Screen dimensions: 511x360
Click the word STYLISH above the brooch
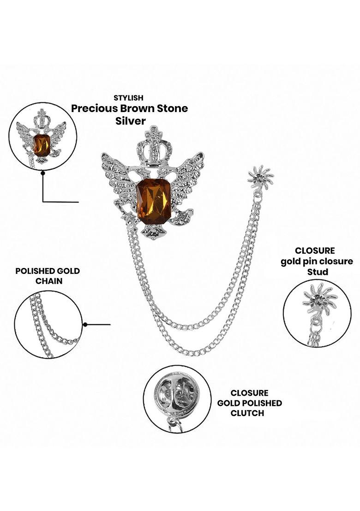point(129,98)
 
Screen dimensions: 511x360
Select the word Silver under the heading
point(130,121)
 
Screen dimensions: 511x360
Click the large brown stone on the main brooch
point(154,201)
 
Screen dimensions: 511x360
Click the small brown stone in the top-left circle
point(42,144)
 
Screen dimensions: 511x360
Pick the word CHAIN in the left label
point(48,281)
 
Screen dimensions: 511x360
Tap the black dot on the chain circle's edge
point(85,325)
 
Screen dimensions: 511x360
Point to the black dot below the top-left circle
point(42,173)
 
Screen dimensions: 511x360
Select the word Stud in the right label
point(318,272)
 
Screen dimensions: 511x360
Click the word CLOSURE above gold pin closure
point(315,251)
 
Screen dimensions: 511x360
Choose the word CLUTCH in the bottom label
point(247,413)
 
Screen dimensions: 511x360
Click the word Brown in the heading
point(139,109)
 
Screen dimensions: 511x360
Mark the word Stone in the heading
point(173,109)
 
